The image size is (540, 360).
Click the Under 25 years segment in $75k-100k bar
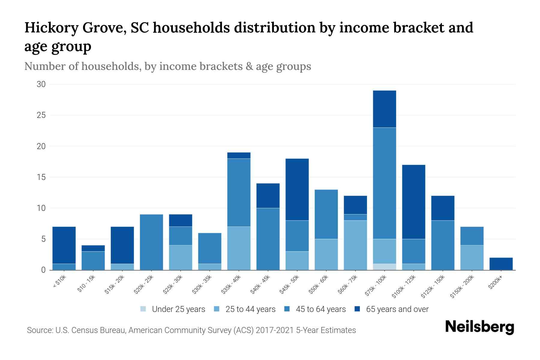coord(384,267)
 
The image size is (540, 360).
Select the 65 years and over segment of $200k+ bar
coord(501,264)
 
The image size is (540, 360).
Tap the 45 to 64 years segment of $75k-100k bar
coord(384,183)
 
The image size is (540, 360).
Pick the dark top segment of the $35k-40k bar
coord(239,155)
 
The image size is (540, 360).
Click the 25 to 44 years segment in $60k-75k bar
coord(355,245)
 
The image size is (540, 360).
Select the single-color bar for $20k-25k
coord(151,242)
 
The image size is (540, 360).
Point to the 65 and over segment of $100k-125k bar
coord(414,202)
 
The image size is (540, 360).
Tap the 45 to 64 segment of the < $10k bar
coord(64,267)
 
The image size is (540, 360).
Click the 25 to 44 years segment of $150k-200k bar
coord(472,257)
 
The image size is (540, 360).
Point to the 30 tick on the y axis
coord(41,84)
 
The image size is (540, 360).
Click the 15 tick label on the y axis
coord(41,177)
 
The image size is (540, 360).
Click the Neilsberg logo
coord(479,327)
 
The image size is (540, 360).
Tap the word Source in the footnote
coord(39,330)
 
